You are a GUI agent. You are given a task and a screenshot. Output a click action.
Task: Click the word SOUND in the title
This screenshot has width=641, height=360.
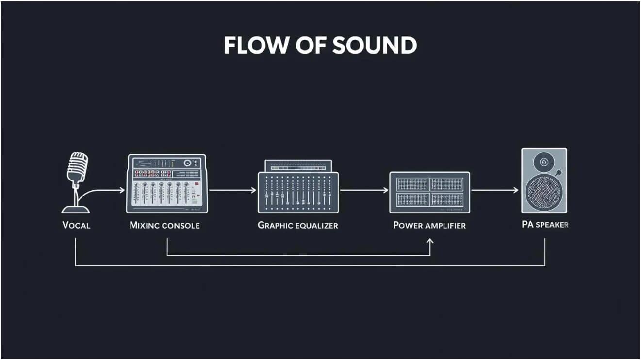click(x=375, y=45)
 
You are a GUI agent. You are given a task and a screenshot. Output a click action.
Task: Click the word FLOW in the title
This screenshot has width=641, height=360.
click(x=256, y=45)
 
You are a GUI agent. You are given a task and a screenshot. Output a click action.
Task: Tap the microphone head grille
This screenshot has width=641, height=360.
click(x=78, y=167)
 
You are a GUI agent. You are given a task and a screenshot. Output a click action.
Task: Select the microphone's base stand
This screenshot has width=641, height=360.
click(x=76, y=209)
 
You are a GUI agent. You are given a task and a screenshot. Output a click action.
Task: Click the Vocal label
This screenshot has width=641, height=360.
click(x=76, y=225)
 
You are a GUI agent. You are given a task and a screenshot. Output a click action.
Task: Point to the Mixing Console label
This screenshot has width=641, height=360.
click(x=164, y=225)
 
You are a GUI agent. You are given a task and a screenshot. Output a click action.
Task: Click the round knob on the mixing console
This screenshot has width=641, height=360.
click(x=187, y=163)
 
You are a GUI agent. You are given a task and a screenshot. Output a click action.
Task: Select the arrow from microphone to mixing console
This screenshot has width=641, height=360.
click(x=100, y=191)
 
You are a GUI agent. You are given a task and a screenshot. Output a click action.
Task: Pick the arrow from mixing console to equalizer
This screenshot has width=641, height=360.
click(x=232, y=190)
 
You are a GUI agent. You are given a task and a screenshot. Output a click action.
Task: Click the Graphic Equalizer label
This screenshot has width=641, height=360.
click(x=297, y=225)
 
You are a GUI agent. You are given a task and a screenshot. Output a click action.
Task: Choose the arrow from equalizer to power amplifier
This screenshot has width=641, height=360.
click(x=364, y=190)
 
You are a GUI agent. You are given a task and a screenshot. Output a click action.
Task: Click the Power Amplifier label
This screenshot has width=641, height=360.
click(x=429, y=225)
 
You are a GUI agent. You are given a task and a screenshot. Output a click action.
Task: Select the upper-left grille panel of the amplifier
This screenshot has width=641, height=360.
click(x=412, y=184)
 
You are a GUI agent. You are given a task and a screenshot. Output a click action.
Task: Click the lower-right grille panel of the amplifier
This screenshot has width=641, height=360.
click(x=447, y=199)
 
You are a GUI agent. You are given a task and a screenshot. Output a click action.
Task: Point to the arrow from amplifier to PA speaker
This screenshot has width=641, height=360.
click(x=495, y=190)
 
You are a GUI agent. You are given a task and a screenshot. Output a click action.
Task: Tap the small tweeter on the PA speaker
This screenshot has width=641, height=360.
click(x=543, y=162)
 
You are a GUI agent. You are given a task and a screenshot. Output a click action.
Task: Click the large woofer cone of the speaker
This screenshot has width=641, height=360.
click(x=543, y=192)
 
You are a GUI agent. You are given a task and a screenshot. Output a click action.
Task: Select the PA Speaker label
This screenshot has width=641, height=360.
click(x=545, y=225)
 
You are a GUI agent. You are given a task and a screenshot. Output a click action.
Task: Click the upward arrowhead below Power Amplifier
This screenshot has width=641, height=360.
click(x=429, y=242)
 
